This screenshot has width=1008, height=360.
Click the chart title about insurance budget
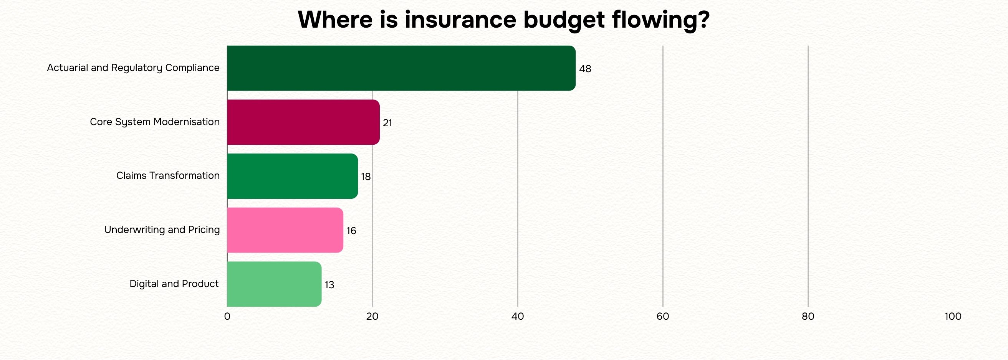click(x=503, y=20)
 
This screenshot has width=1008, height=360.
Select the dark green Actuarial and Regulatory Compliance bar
click(x=401, y=68)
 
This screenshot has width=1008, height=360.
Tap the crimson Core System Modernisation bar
click(x=303, y=122)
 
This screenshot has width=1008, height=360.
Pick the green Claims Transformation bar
click(x=292, y=176)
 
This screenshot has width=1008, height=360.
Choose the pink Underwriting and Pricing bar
click(x=285, y=230)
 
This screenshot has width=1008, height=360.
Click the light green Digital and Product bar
click(x=274, y=284)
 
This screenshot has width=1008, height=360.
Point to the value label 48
click(x=585, y=69)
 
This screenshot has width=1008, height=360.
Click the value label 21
click(x=387, y=123)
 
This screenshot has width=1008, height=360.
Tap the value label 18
click(x=366, y=177)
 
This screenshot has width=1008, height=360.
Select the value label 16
click(x=351, y=231)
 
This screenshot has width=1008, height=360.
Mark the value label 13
click(x=329, y=285)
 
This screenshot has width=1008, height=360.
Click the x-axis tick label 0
click(x=227, y=317)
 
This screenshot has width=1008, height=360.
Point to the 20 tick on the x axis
click(x=372, y=317)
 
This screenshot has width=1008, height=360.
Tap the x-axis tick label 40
click(x=518, y=317)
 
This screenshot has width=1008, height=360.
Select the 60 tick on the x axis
click(x=663, y=317)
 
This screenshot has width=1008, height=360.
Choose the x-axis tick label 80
click(x=808, y=317)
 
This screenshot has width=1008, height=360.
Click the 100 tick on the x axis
click(x=953, y=317)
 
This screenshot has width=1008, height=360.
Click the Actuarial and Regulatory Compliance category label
click(x=133, y=68)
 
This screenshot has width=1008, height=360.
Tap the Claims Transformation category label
click(x=168, y=176)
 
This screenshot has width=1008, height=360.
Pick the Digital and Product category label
click(x=174, y=284)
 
